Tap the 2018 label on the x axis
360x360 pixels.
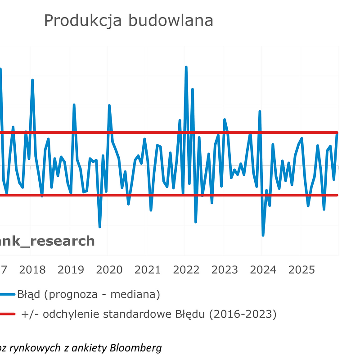tap(32, 270)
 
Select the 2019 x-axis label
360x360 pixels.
tap(71, 270)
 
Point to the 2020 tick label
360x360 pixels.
tap(109, 270)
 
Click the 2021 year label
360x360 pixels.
tap(148, 270)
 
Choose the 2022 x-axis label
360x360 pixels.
tap(186, 270)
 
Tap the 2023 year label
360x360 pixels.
tap(225, 270)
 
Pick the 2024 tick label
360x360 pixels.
tap(263, 270)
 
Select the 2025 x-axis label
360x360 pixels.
tap(301, 270)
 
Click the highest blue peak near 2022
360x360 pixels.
tap(186, 67)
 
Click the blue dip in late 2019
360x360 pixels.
tap(100, 227)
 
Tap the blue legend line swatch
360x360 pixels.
tap(7, 295)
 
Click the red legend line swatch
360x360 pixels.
tap(7, 314)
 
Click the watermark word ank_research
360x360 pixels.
tap(47, 241)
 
